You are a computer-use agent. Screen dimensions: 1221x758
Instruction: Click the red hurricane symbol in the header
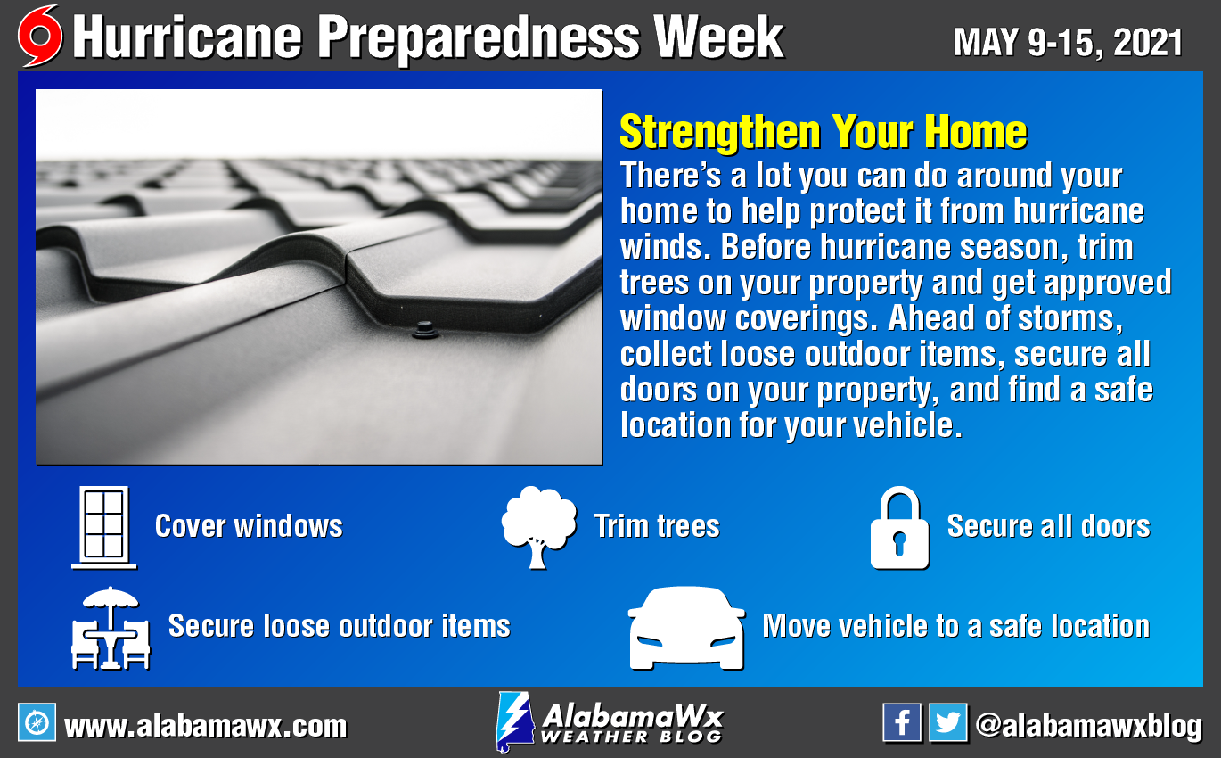(40, 36)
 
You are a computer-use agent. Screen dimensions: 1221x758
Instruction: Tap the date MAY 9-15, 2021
(1068, 43)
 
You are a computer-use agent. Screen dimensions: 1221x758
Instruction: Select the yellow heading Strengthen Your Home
(824, 131)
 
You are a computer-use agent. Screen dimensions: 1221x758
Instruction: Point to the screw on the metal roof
(424, 331)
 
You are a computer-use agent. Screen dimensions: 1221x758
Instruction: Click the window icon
(103, 527)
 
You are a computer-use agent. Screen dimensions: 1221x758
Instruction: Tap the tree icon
(538, 527)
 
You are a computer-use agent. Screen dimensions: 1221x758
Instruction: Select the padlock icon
(899, 528)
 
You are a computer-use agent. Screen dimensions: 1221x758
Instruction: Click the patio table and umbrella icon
(111, 628)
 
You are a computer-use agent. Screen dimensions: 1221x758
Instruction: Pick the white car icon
(686, 628)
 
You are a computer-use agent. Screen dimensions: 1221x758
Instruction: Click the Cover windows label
(249, 526)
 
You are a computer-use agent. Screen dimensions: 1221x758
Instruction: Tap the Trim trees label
(657, 526)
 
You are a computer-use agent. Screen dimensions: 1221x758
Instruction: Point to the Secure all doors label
(1049, 526)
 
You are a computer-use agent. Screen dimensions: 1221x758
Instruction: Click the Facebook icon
(902, 722)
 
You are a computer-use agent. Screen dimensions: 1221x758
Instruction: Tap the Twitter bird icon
(948, 722)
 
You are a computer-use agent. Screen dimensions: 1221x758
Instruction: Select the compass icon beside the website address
(37, 722)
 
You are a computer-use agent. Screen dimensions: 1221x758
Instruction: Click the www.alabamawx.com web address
(206, 727)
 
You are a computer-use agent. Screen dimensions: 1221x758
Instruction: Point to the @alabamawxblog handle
(1088, 727)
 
